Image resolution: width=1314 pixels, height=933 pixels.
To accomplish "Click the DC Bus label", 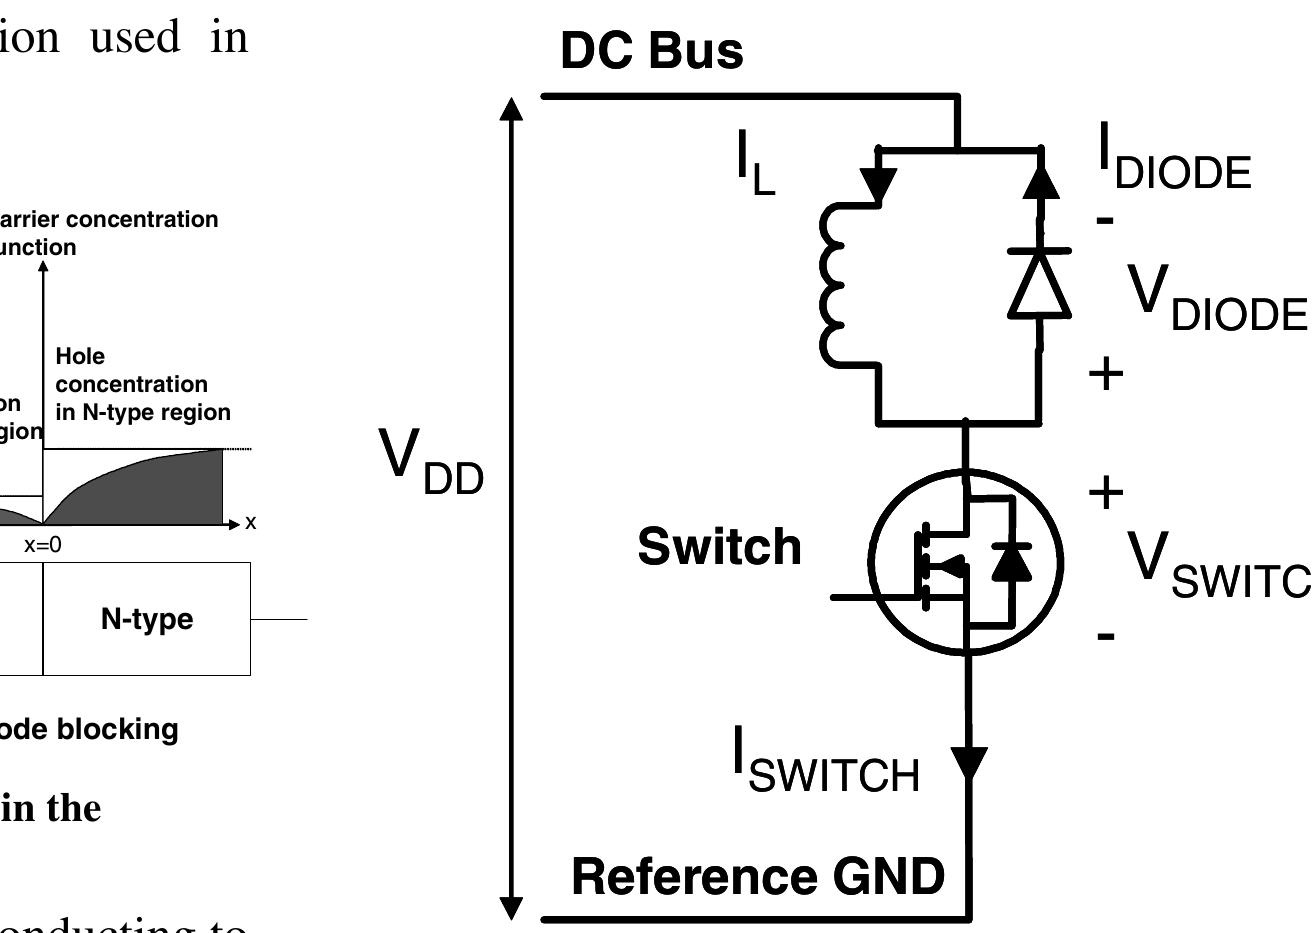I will point(651,52).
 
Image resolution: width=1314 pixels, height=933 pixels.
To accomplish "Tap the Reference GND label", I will point(757,876).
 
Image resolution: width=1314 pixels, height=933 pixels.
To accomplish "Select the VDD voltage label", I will point(431,463).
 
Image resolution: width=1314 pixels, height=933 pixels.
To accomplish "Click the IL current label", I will point(755,166).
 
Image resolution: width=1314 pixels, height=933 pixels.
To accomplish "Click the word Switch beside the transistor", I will point(719,547).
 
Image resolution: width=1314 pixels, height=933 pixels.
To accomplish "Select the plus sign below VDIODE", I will point(1106,374).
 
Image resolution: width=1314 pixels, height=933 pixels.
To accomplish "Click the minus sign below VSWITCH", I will point(1105,635).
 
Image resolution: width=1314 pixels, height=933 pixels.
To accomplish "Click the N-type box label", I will point(147,619).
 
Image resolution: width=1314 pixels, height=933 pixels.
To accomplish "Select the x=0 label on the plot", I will point(43,545).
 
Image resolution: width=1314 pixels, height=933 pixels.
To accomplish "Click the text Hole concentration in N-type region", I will point(143,384).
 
